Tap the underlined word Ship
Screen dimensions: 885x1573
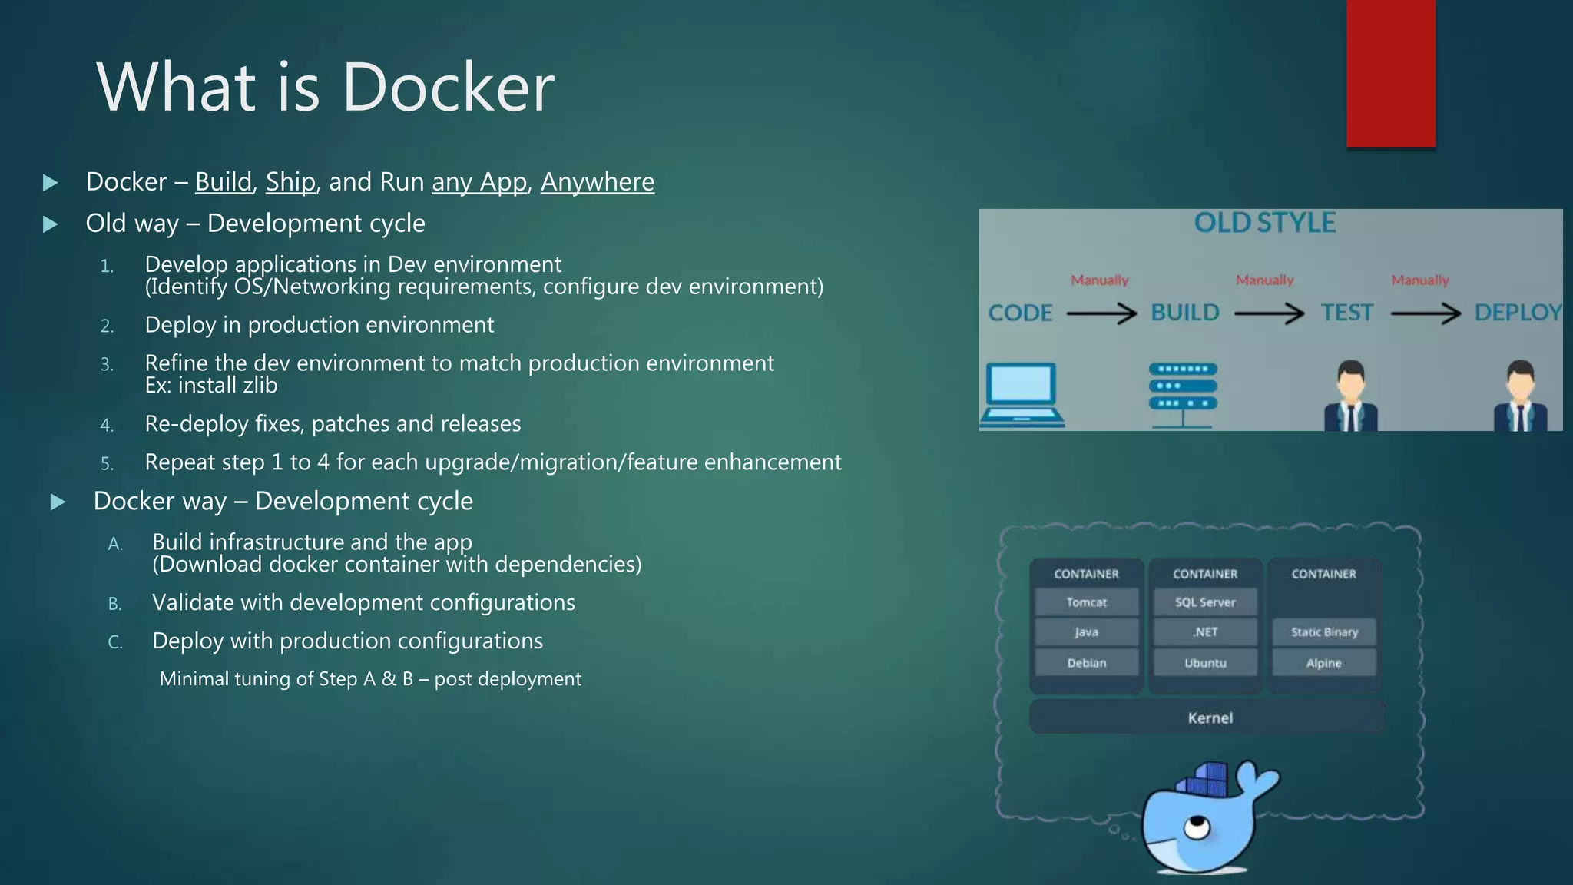(x=290, y=182)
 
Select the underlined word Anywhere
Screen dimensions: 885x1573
(x=598, y=182)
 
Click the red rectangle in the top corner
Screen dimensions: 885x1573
(x=1390, y=73)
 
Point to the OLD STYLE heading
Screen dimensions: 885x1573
(x=1265, y=223)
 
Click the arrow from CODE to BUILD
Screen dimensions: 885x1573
(x=1101, y=313)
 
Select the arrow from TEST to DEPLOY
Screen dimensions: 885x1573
(x=1426, y=313)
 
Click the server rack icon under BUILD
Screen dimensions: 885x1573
(x=1183, y=394)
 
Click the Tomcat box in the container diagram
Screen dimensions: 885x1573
(x=1086, y=602)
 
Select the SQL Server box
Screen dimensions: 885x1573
(x=1205, y=602)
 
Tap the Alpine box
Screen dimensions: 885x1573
(x=1323, y=663)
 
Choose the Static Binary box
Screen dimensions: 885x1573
(x=1323, y=632)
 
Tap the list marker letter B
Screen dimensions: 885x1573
(x=115, y=604)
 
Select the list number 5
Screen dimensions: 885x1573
(x=107, y=463)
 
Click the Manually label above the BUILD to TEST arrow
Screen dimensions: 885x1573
(x=1264, y=280)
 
